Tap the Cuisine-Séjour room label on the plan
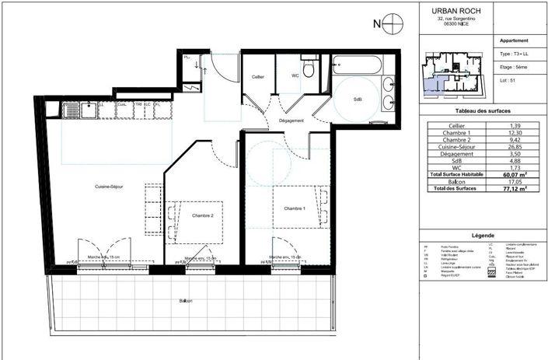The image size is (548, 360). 110,187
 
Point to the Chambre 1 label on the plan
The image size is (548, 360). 295,208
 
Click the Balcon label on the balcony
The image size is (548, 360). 185,301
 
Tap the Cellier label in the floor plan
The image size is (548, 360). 258,76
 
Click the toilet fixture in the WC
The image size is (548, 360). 309,71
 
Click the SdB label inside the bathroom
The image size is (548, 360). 358,99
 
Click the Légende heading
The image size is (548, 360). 483,235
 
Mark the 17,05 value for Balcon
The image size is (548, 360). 515,181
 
